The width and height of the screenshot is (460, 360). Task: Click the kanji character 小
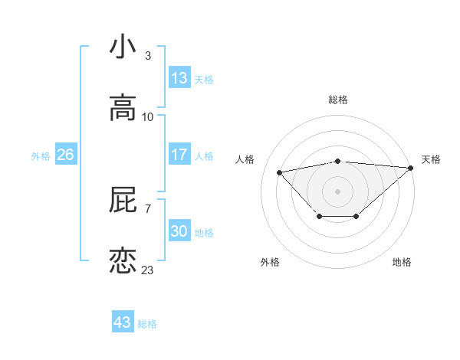tap(123, 47)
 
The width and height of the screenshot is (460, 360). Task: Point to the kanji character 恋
tap(123, 261)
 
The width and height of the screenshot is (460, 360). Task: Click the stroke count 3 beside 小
tap(147, 56)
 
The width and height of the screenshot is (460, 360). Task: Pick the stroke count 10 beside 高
tap(148, 117)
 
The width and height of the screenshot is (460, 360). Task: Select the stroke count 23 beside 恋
tap(148, 270)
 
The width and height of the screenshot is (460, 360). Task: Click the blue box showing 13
tap(179, 78)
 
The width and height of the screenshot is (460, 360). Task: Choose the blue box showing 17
tap(179, 155)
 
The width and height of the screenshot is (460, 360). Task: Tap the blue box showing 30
tap(179, 231)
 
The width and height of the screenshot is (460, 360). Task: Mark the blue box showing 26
tap(65, 155)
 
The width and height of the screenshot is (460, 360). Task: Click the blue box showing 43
tap(123, 322)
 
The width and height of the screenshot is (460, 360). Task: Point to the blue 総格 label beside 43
tap(147, 324)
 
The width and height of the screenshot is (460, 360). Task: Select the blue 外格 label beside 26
tap(41, 156)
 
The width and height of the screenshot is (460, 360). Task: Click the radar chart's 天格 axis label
tap(431, 159)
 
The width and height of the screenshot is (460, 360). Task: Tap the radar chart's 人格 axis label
tap(245, 159)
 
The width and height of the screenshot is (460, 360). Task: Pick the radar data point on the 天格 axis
tap(411, 168)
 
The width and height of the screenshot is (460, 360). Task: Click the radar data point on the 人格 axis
tap(279, 172)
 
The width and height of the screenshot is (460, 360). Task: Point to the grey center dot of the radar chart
tap(337, 191)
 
